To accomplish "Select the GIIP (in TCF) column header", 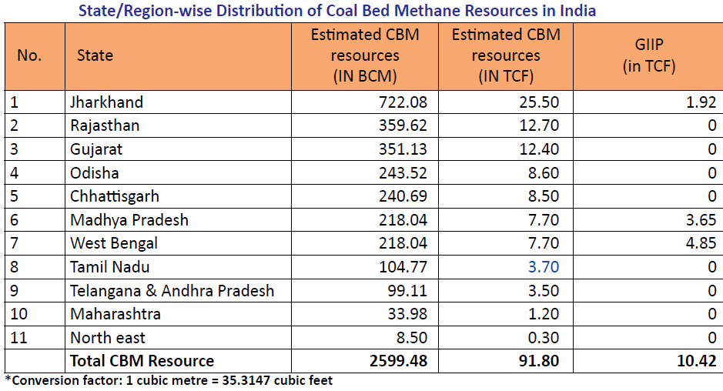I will [x=648, y=56].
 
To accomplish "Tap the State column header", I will [x=95, y=55].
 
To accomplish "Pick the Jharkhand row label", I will [x=106, y=102].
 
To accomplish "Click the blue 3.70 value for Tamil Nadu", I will [x=543, y=267].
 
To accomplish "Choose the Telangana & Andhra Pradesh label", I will [x=172, y=291].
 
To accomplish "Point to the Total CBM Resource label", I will [x=142, y=360].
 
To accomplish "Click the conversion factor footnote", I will [x=169, y=380].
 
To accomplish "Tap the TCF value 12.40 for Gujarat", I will [x=538, y=149].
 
